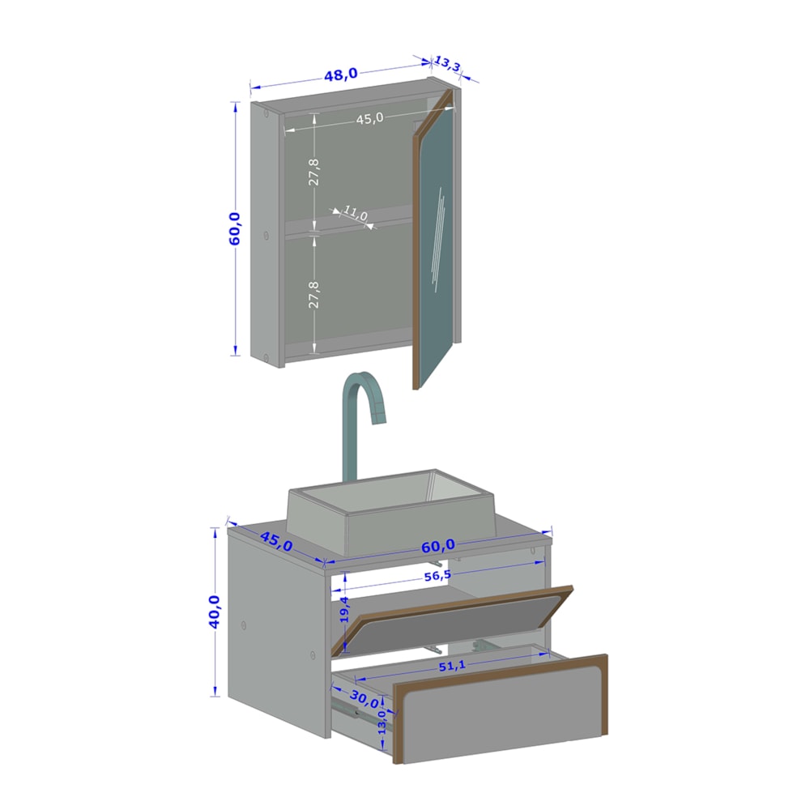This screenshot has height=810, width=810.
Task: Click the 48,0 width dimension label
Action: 340,75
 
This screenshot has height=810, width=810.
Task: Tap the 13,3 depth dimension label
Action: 447,64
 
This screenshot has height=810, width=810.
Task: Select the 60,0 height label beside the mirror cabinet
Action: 235,228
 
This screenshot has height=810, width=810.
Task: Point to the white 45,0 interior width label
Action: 370,119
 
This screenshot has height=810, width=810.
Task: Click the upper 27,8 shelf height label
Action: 313,172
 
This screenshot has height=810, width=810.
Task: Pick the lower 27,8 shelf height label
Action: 313,295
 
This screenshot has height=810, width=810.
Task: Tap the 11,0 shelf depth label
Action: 356,213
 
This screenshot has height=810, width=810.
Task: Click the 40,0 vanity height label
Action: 214,612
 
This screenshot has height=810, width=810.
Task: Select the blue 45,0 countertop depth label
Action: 276,541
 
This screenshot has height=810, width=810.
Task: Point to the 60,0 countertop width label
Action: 438,545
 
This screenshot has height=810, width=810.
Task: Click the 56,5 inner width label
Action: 437,575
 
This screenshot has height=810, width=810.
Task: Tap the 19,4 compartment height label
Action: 344,609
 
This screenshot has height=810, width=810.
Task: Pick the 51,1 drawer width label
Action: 452,667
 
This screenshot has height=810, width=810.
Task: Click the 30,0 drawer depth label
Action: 364,700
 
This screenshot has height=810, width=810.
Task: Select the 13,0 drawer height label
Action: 382,722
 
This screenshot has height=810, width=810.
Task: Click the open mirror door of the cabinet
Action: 433,237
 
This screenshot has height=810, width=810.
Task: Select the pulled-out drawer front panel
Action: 500,709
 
